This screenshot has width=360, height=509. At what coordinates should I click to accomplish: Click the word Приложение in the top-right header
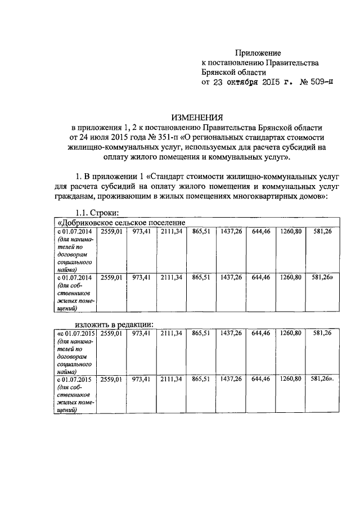click(258, 53)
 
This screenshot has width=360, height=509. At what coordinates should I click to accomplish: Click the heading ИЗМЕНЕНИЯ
click(198, 118)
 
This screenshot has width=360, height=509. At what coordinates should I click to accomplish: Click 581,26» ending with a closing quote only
click(323, 277)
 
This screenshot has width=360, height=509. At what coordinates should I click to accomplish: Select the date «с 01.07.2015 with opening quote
click(74, 334)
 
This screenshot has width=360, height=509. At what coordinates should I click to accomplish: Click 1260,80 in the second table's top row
click(291, 334)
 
